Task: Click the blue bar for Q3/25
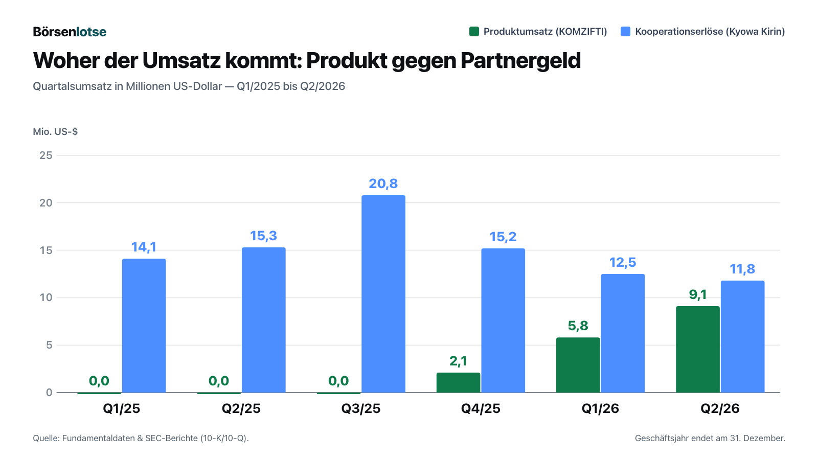pyautogui.click(x=383, y=294)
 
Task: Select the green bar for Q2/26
pyautogui.click(x=697, y=350)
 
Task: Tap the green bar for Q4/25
pyautogui.click(x=458, y=383)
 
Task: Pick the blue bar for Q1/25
pyautogui.click(x=144, y=326)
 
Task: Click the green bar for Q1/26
pyautogui.click(x=578, y=365)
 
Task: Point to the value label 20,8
pyautogui.click(x=383, y=183)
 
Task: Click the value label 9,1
pyautogui.click(x=697, y=294)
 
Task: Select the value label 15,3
pyautogui.click(x=263, y=236)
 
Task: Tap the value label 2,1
pyautogui.click(x=458, y=361)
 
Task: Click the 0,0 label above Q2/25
pyautogui.click(x=219, y=381)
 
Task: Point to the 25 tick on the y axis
pyautogui.click(x=46, y=155)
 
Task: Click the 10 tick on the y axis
pyautogui.click(x=46, y=297)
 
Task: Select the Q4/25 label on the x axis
pyautogui.click(x=481, y=408)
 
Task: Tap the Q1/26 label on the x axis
pyautogui.click(x=600, y=408)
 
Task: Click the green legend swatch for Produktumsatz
pyautogui.click(x=474, y=31)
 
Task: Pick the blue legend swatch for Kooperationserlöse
pyautogui.click(x=626, y=31)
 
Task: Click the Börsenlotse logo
pyautogui.click(x=70, y=32)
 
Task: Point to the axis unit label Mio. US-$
pyautogui.click(x=55, y=131)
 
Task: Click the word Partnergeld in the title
pyautogui.click(x=520, y=61)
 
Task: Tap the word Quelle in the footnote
pyautogui.click(x=47, y=438)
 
